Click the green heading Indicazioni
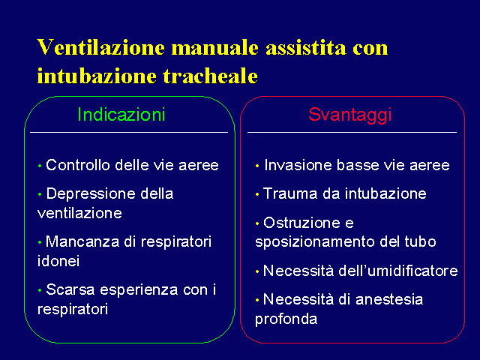tap(121, 115)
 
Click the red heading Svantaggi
tap(350, 115)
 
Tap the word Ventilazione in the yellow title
tap(100, 47)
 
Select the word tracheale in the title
tap(210, 75)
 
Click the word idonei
tap(58, 261)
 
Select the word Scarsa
tap(70, 289)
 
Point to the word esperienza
tap(139, 290)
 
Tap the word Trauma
tap(290, 193)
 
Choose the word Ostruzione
tap(301, 223)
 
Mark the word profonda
tap(286, 319)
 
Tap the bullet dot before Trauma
tap(257, 195)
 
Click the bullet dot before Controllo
tap(40, 166)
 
